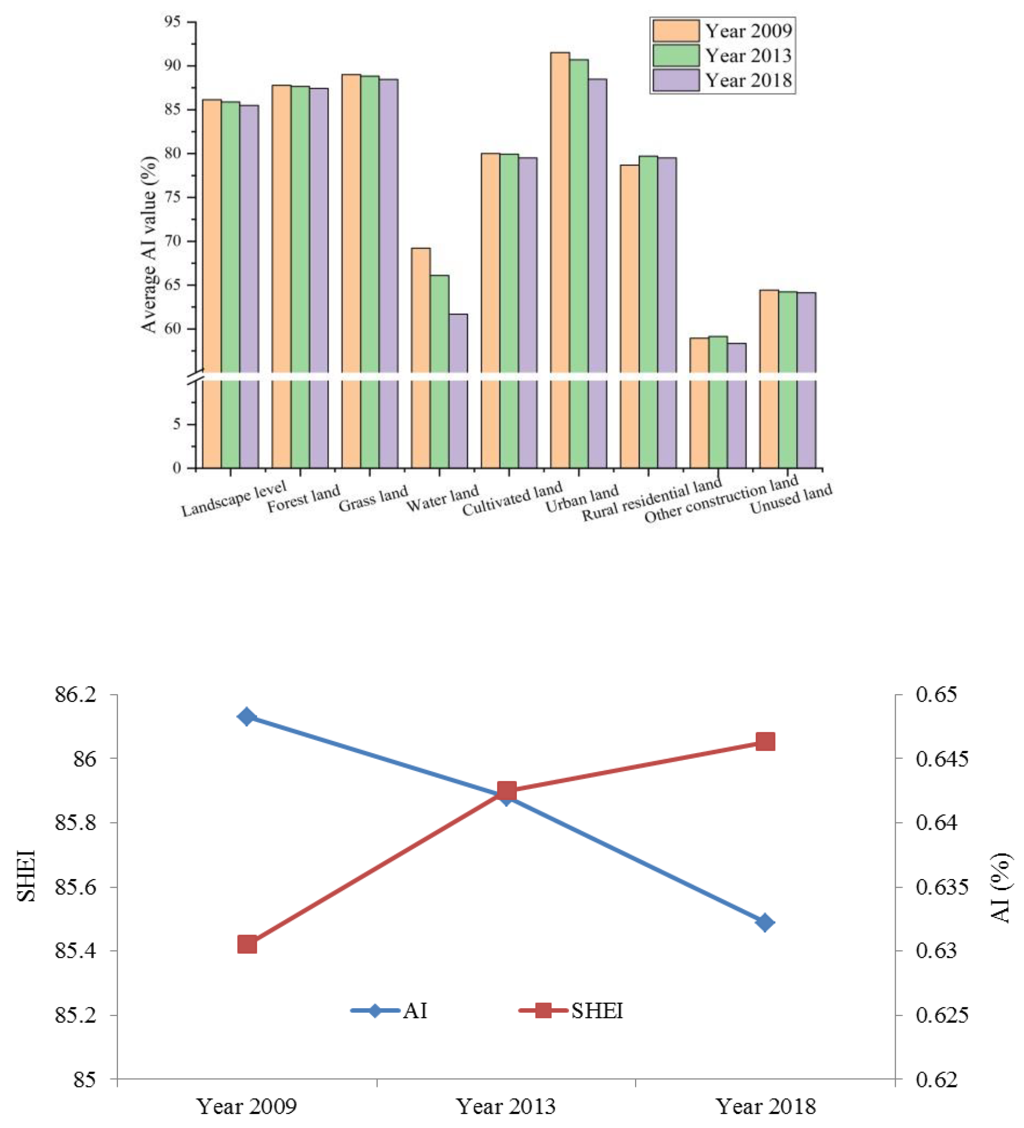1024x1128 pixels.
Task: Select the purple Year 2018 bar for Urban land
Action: (597, 273)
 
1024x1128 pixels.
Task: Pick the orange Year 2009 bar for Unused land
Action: (769, 378)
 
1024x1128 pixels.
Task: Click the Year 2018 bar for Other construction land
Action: (736, 405)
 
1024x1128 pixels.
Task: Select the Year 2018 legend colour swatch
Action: (675, 80)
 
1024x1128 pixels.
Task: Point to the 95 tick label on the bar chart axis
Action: (172, 22)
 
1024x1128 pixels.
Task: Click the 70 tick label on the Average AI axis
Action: (172, 241)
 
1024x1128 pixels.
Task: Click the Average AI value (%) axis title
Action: (149, 245)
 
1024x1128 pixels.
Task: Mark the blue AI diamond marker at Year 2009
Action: (247, 717)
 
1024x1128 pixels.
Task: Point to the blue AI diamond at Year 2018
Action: (765, 923)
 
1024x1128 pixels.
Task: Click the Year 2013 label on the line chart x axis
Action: (506, 1106)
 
